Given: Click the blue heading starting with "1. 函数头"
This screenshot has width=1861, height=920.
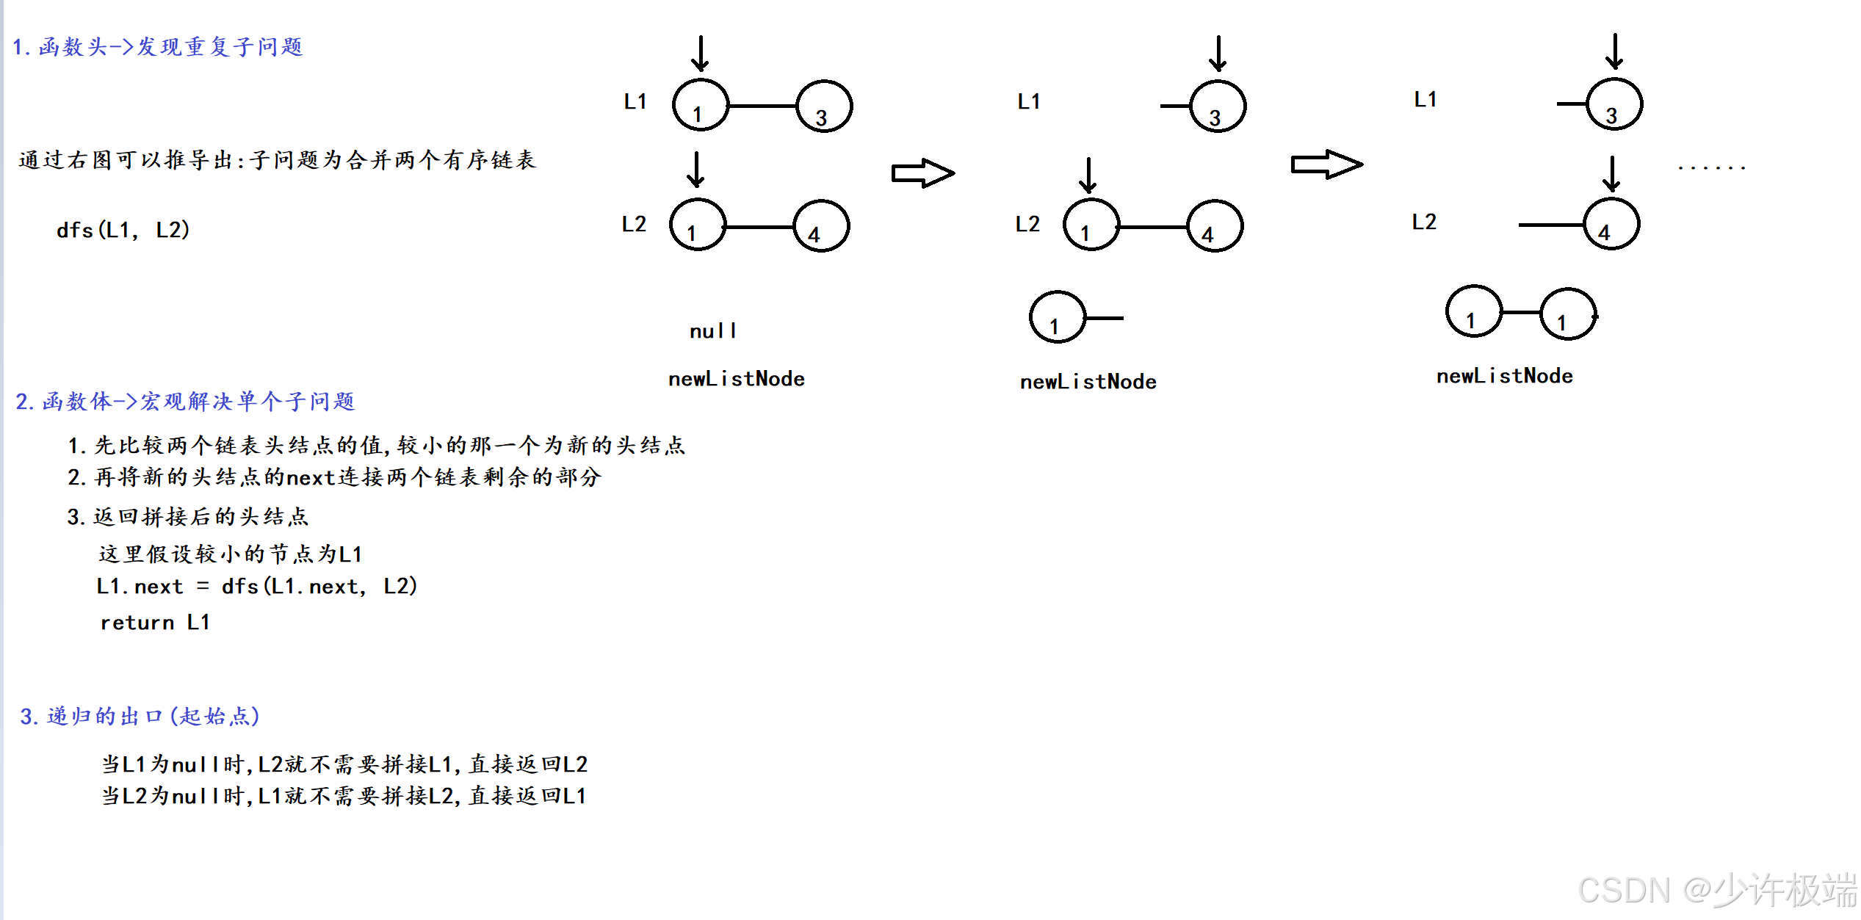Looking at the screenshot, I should pyautogui.click(x=158, y=47).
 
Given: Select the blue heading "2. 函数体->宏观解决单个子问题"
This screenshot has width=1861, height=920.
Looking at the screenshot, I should pyautogui.click(x=185, y=401).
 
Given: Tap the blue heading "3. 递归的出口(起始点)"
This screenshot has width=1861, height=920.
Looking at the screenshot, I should pyautogui.click(x=140, y=716).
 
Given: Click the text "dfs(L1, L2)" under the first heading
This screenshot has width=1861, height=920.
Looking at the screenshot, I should pyautogui.click(x=123, y=230).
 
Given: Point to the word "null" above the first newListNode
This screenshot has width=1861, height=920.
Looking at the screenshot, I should pyautogui.click(x=712, y=331).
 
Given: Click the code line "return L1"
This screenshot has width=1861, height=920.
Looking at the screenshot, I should pyautogui.click(x=155, y=623).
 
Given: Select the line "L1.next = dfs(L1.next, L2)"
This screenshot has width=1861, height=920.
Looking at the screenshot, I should pyautogui.click(x=256, y=586).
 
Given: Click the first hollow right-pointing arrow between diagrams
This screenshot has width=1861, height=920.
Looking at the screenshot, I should pyautogui.click(x=922, y=173).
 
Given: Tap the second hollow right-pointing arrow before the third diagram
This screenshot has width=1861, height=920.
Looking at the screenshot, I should pyautogui.click(x=1326, y=164).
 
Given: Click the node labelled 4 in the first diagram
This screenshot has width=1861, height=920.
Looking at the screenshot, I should pyautogui.click(x=822, y=226).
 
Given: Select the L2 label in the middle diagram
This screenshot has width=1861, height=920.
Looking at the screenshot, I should pyautogui.click(x=1027, y=224).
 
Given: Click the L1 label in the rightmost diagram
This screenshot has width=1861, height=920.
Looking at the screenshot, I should pyautogui.click(x=1425, y=99).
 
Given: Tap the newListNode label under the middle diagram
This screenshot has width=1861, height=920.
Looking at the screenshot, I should pyautogui.click(x=1088, y=382).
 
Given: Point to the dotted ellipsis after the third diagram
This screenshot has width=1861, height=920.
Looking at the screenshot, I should pyautogui.click(x=1711, y=168).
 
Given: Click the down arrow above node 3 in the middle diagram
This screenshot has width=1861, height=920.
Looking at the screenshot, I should pyautogui.click(x=1218, y=53).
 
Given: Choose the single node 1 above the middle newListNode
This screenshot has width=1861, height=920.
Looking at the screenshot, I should pyautogui.click(x=1058, y=318).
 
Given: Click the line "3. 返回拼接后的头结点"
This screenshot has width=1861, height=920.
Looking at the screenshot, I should pyautogui.click(x=188, y=517).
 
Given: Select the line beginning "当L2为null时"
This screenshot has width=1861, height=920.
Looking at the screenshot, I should pyautogui.click(x=344, y=796).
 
